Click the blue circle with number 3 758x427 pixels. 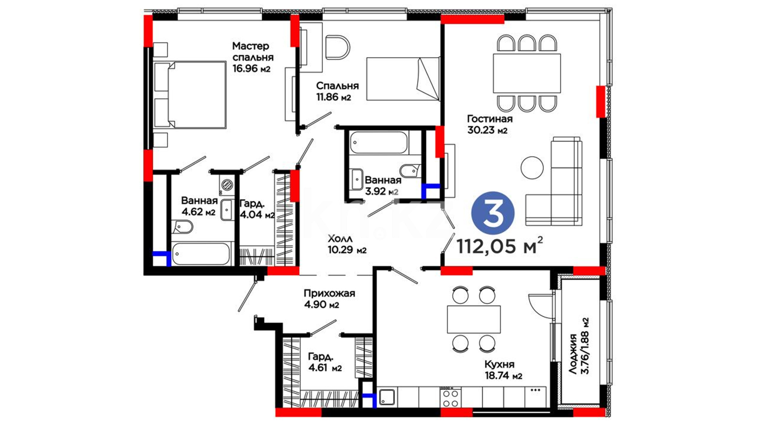pyautogui.click(x=493, y=213)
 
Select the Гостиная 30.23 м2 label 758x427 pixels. pyautogui.click(x=490, y=124)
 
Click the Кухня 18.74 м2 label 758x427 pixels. pyautogui.click(x=503, y=370)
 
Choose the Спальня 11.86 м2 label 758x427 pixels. pyautogui.click(x=337, y=91)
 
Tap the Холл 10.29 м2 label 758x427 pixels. pyautogui.click(x=347, y=244)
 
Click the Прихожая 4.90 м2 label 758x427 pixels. pyautogui.click(x=329, y=299)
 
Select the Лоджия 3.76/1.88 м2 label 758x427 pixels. pyautogui.click(x=579, y=346)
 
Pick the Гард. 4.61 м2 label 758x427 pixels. pyautogui.click(x=325, y=362)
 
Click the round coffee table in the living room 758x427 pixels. pyautogui.click(x=532, y=168)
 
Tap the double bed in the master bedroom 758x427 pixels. pyautogui.click(x=189, y=95)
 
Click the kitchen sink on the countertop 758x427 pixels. pyautogui.click(x=387, y=397)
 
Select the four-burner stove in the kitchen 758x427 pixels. pyautogui.click(x=450, y=397)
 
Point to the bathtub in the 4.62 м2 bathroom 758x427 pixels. pyautogui.click(x=201, y=253)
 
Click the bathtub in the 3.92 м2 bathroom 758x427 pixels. pyautogui.click(x=378, y=142)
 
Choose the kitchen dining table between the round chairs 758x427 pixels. pyautogui.click(x=474, y=319)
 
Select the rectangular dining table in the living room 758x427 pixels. pyautogui.click(x=527, y=73)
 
